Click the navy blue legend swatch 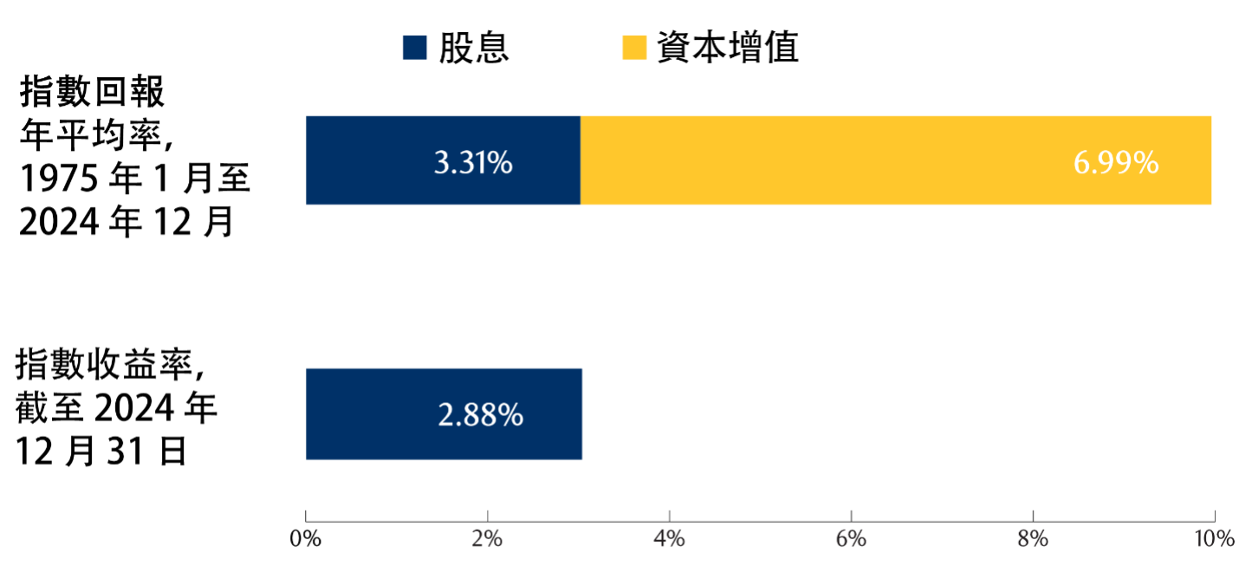[x=415, y=48]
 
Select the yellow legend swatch [x=634, y=48]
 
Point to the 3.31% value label [x=473, y=162]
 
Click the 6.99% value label [x=1116, y=162]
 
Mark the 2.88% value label [x=480, y=414]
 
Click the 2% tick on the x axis [x=487, y=538]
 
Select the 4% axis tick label [x=669, y=538]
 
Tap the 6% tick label [x=851, y=538]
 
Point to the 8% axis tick [x=1032, y=538]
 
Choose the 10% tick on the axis [x=1213, y=538]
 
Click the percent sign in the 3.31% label [x=501, y=162]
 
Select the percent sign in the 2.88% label [x=510, y=414]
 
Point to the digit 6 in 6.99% [x=1082, y=162]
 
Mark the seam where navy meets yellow [x=580, y=160]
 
